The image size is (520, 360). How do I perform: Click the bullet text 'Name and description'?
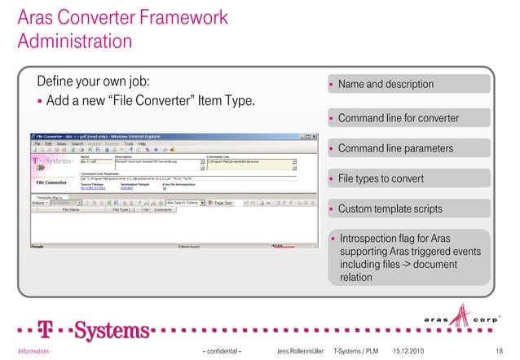pos(385,85)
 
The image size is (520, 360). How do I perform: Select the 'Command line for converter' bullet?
pos(398,118)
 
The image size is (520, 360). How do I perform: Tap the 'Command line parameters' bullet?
pos(394,149)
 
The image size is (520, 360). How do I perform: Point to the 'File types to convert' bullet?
pos(381,179)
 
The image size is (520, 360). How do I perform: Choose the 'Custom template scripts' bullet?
pos(390,209)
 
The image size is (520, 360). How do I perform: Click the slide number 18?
pos(500,350)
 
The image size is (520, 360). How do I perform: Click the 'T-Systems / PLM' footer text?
pos(356,350)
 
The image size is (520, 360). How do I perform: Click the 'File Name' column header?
pos(76,209)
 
